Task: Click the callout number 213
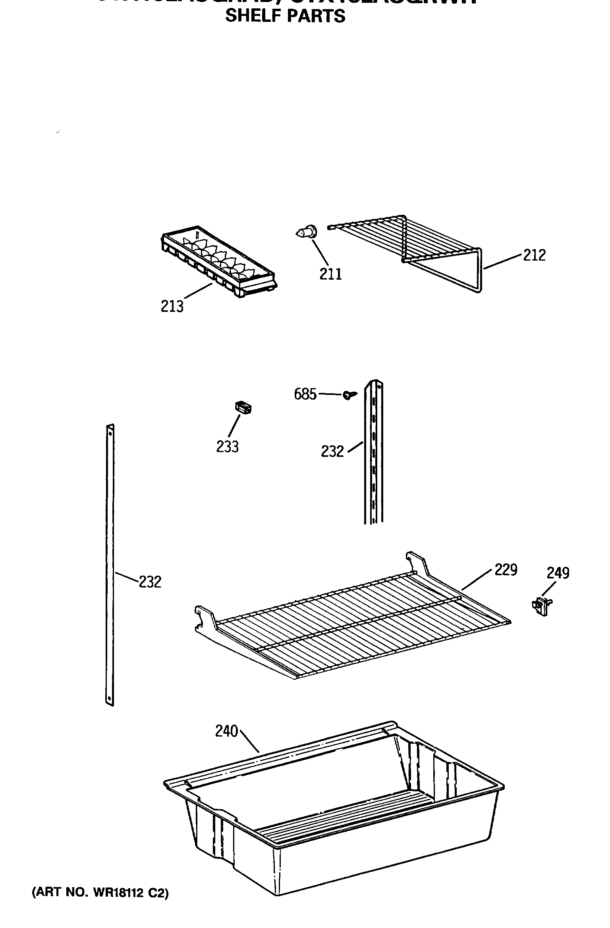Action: pos(172,306)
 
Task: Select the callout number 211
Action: pos(330,274)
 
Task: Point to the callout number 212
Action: pos(534,255)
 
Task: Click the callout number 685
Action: pos(305,394)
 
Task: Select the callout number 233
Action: pos(227,447)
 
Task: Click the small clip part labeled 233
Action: pos(244,408)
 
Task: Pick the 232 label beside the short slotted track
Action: pos(332,451)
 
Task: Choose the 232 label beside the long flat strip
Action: pos(150,582)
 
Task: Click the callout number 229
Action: pos(506,570)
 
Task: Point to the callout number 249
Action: pos(558,573)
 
